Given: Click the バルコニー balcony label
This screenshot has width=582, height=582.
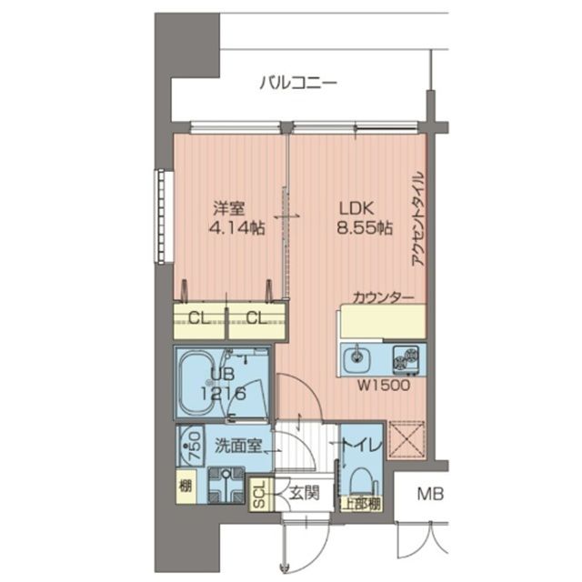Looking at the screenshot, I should click(297, 84).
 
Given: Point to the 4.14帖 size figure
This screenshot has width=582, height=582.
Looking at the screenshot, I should click(236, 230).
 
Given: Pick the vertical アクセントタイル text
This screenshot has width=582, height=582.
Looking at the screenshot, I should click(418, 218).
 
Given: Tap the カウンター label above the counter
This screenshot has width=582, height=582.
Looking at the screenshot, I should click(384, 297).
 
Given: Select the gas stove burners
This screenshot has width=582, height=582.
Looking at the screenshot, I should click(408, 359).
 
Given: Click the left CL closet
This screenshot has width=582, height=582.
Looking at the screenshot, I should click(200, 317).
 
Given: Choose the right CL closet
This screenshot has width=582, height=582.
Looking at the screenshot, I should click(256, 317).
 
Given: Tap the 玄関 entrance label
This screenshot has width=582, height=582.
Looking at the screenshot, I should click(304, 494).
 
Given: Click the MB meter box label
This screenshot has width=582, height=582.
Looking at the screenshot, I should click(429, 496).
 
